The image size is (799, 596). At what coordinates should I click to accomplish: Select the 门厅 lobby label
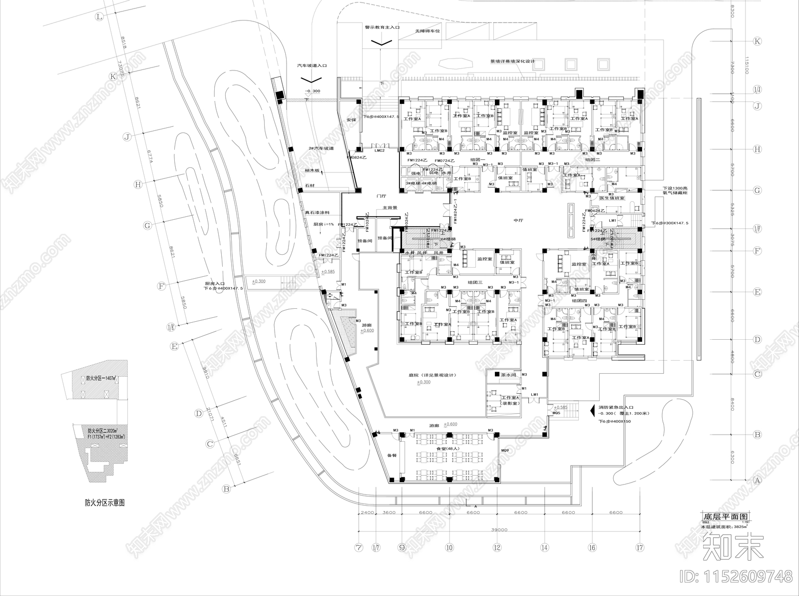pos(382,197)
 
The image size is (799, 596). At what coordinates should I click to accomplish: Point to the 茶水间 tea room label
pos(508,374)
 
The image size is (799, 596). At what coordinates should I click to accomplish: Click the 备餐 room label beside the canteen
pos(392,456)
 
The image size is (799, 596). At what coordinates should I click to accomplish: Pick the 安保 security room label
pos(352,120)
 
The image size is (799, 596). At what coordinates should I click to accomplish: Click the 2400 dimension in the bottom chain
pos(367,513)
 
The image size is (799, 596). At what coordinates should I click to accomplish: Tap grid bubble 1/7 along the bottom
pos(377,548)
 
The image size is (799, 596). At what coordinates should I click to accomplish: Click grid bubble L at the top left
pos(100,17)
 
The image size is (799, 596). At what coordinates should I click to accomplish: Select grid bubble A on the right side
pos(757,481)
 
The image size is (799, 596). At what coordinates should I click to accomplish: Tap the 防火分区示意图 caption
pos(104,503)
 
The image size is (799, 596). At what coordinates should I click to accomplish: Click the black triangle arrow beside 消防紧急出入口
pos(592,408)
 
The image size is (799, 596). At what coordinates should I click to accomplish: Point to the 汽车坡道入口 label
pos(312,65)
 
